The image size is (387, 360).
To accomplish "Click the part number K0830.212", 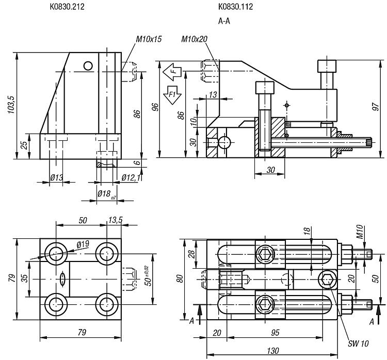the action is (67, 7).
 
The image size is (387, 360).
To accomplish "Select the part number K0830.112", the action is (235, 7).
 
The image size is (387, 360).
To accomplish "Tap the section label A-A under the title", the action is (224, 21).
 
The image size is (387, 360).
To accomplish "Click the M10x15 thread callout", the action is (149, 39).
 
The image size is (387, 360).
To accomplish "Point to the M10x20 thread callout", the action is (194, 39).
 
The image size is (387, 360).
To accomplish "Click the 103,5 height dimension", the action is (11, 105).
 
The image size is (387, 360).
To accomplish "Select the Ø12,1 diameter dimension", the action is (131, 177).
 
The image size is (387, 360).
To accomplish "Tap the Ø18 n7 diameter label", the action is (107, 194).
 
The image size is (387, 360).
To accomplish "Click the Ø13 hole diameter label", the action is (57, 177).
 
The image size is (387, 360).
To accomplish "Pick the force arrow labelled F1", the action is (172, 95).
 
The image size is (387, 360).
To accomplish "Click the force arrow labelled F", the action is (172, 72).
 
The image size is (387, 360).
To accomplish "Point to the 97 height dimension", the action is (376, 107).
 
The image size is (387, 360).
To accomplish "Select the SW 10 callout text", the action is (358, 343).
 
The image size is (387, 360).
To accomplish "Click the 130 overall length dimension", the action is (273, 351).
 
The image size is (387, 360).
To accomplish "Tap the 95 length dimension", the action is (275, 333).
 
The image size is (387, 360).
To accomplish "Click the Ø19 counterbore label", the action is (83, 244).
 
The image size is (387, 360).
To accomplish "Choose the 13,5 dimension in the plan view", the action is (115, 220).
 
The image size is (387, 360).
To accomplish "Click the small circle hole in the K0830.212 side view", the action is (88, 66).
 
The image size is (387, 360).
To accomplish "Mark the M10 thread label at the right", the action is (360, 232).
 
